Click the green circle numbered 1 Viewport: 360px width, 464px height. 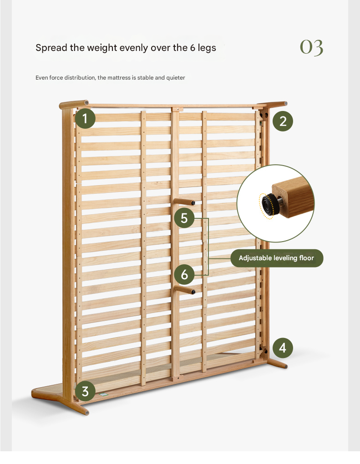point(85,118)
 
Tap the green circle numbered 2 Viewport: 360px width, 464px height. point(283,121)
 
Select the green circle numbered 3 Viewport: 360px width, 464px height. point(85,391)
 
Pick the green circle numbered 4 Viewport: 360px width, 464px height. point(283,348)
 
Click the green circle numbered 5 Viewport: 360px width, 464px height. point(184,218)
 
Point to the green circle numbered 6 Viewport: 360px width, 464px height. point(184,274)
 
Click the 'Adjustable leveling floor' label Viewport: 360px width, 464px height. point(277,258)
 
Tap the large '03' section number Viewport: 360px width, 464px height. point(311,47)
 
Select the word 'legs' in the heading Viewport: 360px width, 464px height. point(207,48)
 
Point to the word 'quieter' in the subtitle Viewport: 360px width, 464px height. point(176,77)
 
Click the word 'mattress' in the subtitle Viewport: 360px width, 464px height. point(119,77)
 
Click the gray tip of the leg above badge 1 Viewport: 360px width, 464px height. point(86,103)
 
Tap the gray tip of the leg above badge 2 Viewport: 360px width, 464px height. point(286,104)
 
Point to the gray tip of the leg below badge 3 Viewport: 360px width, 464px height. point(87,413)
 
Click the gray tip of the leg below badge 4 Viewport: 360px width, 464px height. point(286,366)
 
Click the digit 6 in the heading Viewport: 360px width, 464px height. point(193,47)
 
